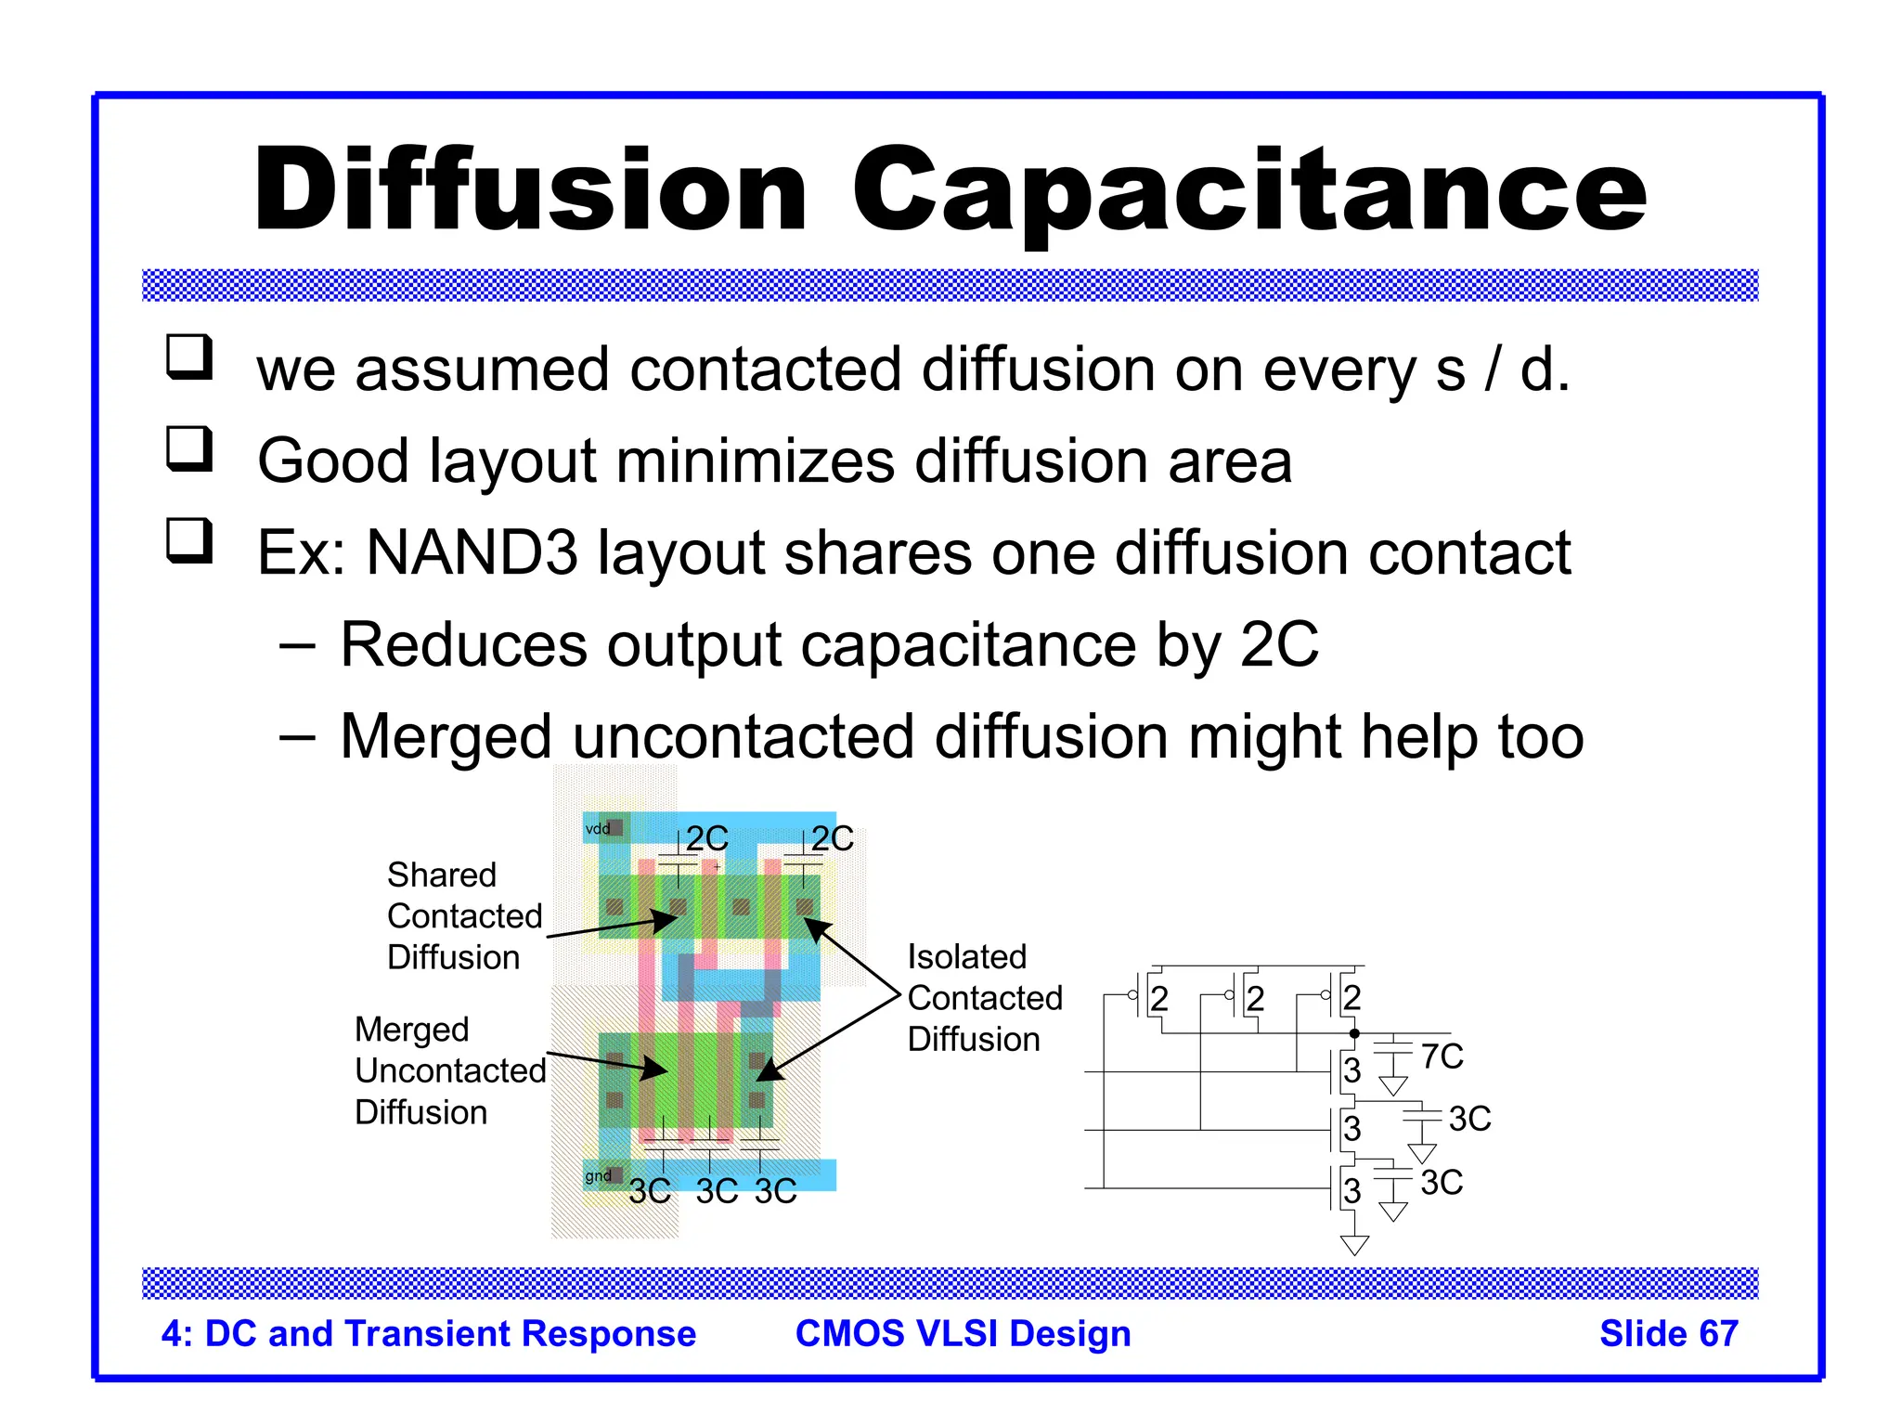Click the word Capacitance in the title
pyautogui.click(x=1248, y=190)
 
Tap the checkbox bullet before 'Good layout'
pyautogui.click(x=189, y=449)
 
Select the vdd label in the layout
pyautogui.click(x=598, y=828)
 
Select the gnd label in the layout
pyautogui.click(x=598, y=1176)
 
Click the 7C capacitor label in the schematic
pyautogui.click(x=1442, y=1057)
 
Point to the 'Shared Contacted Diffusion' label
pyautogui.click(x=463, y=915)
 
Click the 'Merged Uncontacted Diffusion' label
pyautogui.click(x=449, y=1070)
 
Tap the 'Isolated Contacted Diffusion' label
pyautogui.click(x=984, y=998)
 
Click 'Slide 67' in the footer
pyautogui.click(x=1668, y=1333)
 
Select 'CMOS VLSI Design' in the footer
pyautogui.click(x=963, y=1333)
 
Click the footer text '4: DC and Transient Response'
pyautogui.click(x=428, y=1333)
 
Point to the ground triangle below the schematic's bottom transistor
pyautogui.click(x=1354, y=1245)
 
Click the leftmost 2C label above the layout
pyautogui.click(x=706, y=839)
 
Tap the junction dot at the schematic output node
pyautogui.click(x=1354, y=1033)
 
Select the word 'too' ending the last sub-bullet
pyautogui.click(x=1541, y=737)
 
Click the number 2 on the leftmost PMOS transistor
pyautogui.click(x=1159, y=999)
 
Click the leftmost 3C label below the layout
pyautogui.click(x=649, y=1191)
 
